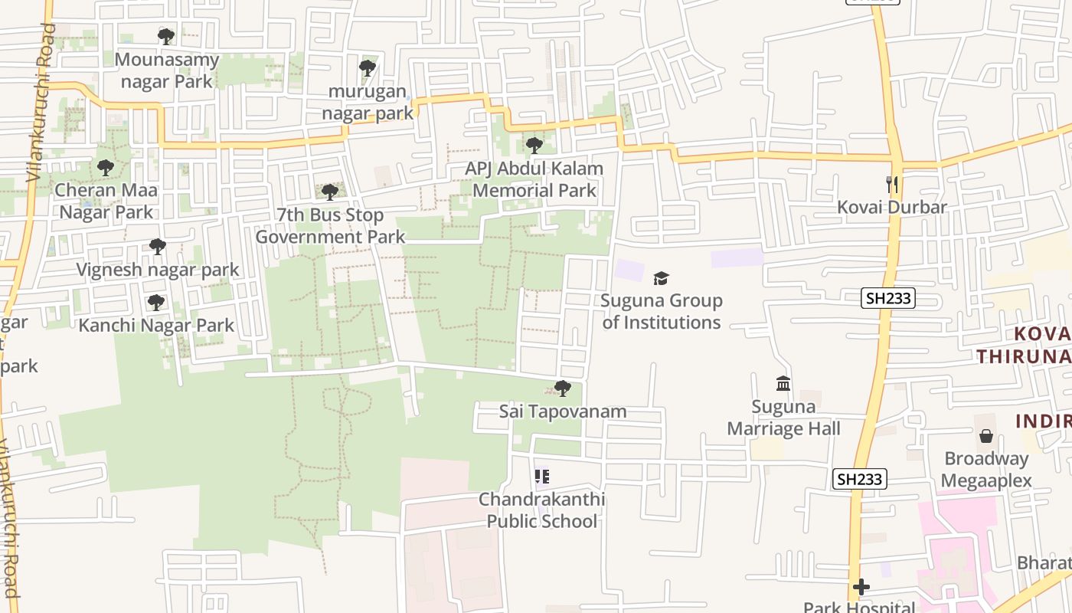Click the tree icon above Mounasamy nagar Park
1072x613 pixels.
click(165, 36)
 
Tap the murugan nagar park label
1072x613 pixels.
click(368, 103)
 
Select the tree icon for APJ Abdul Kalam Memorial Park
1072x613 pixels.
click(534, 145)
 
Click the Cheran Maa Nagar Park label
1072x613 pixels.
click(107, 201)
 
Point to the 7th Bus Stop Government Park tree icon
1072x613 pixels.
click(330, 192)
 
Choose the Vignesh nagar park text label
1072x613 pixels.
click(158, 270)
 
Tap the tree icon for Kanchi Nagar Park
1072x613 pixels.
click(156, 303)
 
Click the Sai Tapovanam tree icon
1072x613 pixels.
click(563, 388)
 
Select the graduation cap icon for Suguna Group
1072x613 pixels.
click(661, 278)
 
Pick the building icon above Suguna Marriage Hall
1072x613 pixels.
click(783, 383)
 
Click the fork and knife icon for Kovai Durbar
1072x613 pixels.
click(891, 184)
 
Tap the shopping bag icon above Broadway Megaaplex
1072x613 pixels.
click(986, 436)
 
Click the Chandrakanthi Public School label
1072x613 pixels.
click(542, 510)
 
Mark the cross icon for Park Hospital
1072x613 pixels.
click(861, 587)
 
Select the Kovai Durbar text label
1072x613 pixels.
click(892, 207)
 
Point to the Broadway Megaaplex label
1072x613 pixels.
click(986, 470)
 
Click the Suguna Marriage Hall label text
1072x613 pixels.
click(783, 418)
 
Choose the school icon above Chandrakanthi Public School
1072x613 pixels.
click(542, 477)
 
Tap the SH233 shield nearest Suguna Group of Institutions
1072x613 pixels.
click(888, 298)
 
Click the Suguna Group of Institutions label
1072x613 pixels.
click(662, 311)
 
